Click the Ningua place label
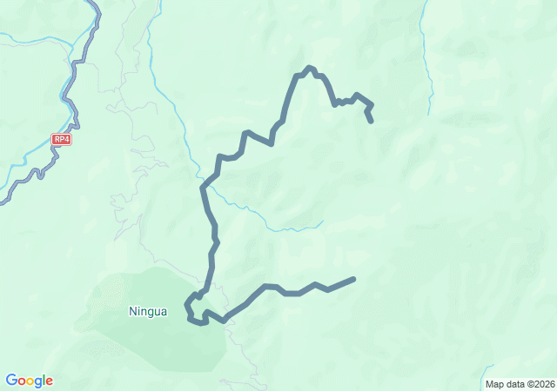click(148, 310)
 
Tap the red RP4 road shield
click(61, 139)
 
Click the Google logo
click(29, 381)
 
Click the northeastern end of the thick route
click(372, 121)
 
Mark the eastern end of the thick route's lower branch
click(353, 279)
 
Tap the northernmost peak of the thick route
click(309, 67)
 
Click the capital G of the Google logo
click(11, 381)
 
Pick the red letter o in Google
click(22, 381)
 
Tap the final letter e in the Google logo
click(50, 381)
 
